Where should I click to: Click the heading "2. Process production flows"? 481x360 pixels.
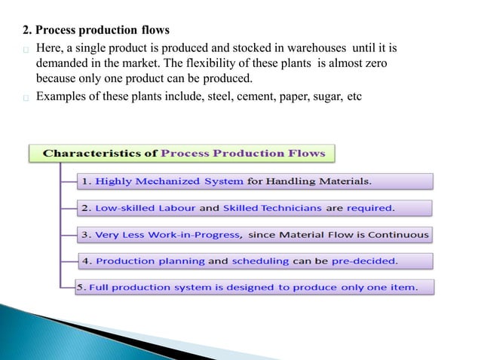click(x=96, y=31)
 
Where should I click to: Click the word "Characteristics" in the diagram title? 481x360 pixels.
click(x=100, y=154)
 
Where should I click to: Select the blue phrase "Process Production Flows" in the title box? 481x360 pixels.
click(x=244, y=154)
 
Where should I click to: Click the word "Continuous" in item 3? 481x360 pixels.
click(x=398, y=235)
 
